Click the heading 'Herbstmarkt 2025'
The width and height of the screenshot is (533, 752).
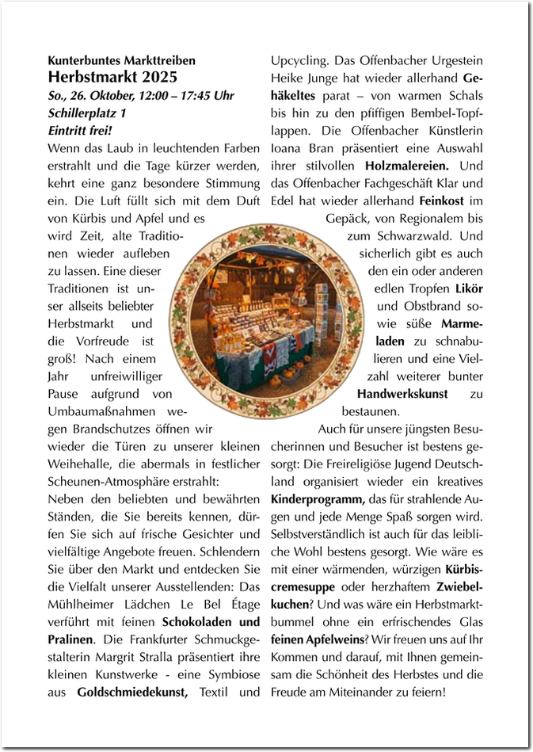[112, 77]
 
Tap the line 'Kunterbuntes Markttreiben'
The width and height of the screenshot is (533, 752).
[121, 60]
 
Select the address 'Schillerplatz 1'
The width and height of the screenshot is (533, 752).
[86, 113]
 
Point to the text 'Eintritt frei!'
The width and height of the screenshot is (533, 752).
[80, 131]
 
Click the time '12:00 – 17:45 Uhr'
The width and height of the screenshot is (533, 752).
[189, 96]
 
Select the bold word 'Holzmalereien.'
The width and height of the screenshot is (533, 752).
[407, 166]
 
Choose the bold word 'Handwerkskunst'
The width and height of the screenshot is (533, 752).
[402, 394]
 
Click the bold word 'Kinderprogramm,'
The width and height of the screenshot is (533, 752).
[318, 499]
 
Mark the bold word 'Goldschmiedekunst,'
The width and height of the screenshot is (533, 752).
[133, 692]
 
